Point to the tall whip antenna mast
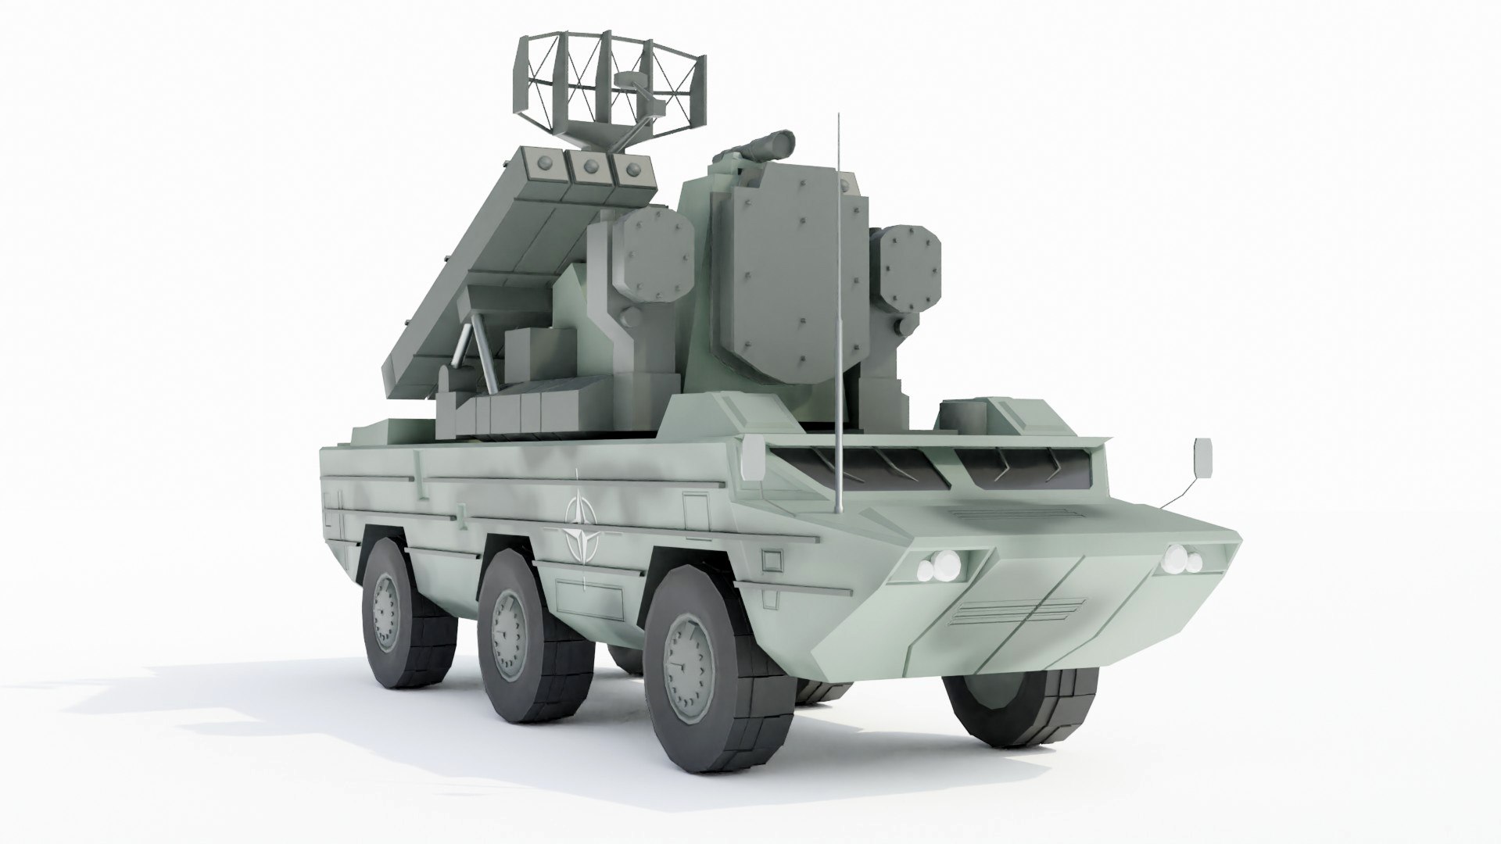coord(839,313)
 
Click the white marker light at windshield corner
coord(754,459)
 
